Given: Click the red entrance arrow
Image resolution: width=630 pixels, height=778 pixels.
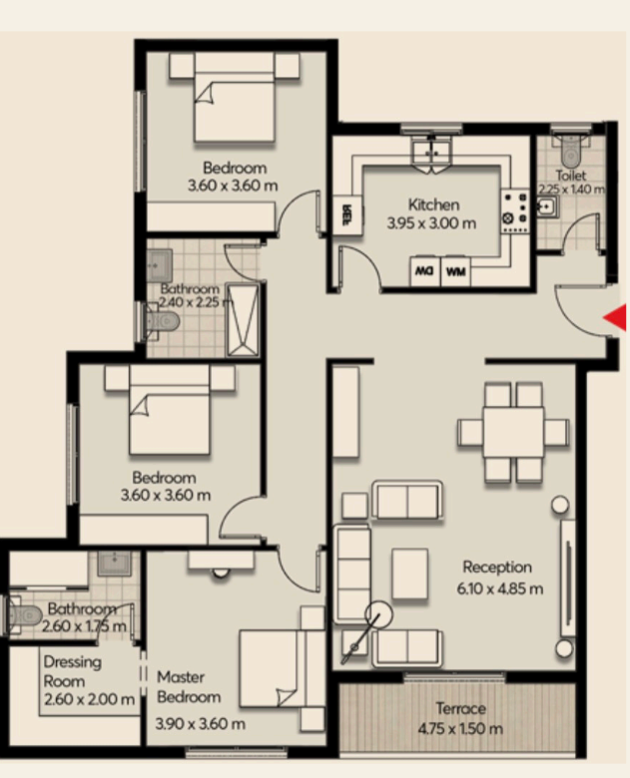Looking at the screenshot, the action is [615, 317].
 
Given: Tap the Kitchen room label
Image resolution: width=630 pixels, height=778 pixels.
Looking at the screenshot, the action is [433, 204].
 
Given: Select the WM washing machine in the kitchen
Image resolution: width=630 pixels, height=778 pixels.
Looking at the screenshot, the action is [455, 272].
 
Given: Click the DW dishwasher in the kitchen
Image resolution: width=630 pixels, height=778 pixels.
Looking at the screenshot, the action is [424, 272].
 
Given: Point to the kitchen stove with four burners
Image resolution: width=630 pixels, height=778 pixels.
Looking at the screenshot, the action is [515, 211].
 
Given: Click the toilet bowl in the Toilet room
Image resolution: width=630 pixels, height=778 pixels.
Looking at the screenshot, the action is [570, 151].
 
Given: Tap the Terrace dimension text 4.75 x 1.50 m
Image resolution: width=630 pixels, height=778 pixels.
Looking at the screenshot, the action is [460, 729].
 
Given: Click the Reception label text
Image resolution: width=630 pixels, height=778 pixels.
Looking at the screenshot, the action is [497, 567].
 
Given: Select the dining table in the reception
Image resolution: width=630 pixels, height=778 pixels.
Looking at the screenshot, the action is [513, 432].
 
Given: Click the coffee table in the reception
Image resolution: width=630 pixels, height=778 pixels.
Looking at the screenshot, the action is [410, 574].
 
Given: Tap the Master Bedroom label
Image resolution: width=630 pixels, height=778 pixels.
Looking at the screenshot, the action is [189, 686].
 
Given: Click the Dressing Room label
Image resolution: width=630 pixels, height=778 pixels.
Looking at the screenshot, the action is [73, 671].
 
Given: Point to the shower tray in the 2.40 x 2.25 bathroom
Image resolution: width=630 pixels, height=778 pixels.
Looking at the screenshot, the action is [243, 319].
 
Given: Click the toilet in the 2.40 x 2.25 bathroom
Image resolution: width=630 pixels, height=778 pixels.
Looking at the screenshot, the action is [162, 320].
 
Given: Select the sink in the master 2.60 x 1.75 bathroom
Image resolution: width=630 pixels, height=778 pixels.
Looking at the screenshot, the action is [114, 564].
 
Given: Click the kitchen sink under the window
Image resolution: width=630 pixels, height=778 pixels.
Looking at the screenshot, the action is [431, 153].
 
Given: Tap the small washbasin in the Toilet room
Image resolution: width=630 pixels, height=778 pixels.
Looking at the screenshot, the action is [547, 206].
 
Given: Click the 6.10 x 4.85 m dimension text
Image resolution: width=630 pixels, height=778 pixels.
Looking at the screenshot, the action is [499, 588].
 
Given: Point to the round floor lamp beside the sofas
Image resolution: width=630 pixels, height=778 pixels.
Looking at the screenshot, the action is [378, 614].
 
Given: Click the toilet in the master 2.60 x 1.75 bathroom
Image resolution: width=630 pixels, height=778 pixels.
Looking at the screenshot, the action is [25, 615].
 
